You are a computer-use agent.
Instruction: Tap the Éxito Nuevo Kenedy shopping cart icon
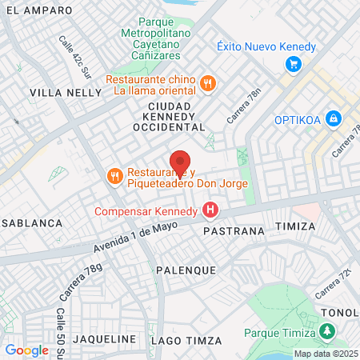(294, 65)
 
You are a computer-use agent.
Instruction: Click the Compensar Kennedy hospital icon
(210, 211)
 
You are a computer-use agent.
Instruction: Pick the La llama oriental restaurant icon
(208, 82)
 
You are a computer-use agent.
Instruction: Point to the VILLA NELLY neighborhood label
(66, 93)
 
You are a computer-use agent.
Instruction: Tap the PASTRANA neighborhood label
(234, 231)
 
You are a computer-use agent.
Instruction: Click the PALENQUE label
(186, 270)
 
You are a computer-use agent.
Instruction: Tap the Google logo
(26, 350)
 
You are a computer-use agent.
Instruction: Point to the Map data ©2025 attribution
(326, 354)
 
